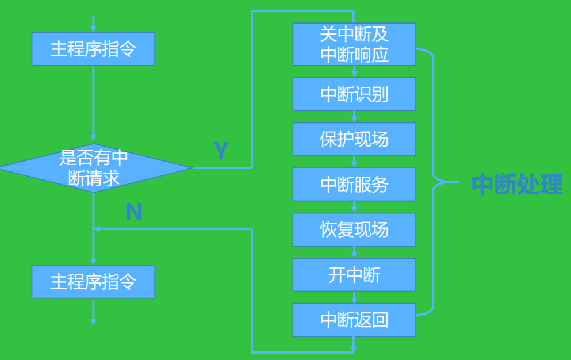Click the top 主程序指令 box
tap(93, 49)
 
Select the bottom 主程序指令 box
tap(93, 282)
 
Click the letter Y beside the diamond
tap(221, 151)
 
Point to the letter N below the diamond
tap(133, 213)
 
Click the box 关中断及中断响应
tap(354, 44)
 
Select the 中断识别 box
tap(354, 94)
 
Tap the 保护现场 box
tap(354, 139)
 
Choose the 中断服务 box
tap(354, 185)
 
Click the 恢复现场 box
tap(354, 229)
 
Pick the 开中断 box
tap(354, 275)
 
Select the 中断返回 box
tap(354, 320)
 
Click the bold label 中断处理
tap(516, 185)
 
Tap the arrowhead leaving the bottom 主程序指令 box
tap(93, 320)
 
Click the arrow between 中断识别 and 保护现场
tap(354, 117)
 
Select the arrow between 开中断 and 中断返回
tap(354, 297)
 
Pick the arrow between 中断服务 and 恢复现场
tap(354, 207)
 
